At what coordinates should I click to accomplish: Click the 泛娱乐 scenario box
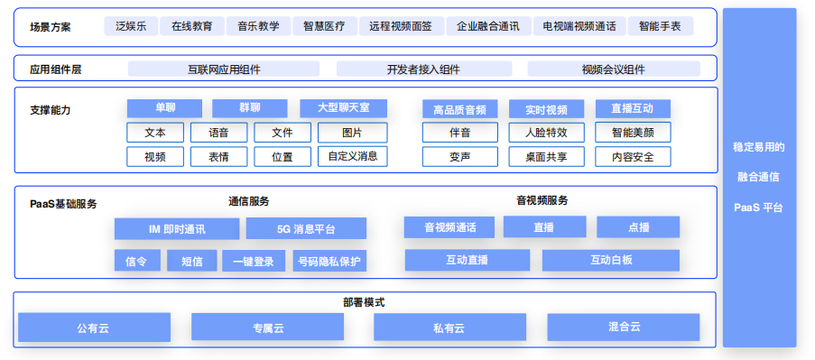pos(131,26)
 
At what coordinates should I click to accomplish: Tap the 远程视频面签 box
pos(401,26)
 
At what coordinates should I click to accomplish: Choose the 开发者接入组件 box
pos(423,69)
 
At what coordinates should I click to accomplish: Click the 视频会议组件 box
pos(613,69)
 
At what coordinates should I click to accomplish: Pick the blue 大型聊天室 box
pos(343,108)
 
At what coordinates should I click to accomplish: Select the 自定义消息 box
pos(352,156)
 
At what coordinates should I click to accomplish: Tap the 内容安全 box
pos(633,156)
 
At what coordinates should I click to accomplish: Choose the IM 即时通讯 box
pos(176,229)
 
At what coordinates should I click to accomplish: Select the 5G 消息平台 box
pos(306,229)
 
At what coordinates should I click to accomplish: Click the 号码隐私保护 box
pos(329,262)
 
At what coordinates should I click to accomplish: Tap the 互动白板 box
pos(610,261)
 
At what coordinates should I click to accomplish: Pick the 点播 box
pos(637,227)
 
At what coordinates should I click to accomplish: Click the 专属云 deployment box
pos(268,327)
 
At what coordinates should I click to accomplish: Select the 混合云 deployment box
pos(623,327)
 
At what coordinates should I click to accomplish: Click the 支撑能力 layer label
pos(50,110)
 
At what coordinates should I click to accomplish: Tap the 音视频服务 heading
pos(542,200)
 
